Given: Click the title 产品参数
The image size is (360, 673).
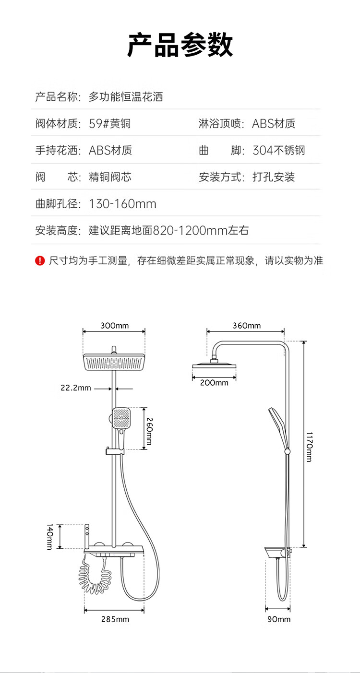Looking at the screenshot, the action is point(180,45).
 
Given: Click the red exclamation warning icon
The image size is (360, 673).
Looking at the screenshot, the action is point(40,260).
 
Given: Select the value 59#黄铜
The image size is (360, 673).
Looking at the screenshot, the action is point(110,123).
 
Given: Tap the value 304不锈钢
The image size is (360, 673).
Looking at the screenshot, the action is point(278,150).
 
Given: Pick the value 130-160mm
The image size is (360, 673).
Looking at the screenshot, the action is point(123,204).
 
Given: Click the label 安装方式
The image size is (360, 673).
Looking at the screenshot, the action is point(220,177).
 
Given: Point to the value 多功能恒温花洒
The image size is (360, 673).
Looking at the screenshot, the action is point(126,97).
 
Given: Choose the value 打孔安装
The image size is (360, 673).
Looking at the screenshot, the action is point(274,177).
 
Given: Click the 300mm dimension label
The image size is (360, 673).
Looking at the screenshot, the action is point(114,325).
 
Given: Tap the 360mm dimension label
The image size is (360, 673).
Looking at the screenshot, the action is point(247,325).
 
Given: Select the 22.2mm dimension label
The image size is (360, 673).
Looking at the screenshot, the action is point(76,388).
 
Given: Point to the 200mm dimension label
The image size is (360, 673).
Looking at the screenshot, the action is point(214,383).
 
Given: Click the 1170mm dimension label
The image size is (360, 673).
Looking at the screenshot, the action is point(309,447).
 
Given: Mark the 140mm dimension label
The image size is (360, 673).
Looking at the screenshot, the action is point(49,537).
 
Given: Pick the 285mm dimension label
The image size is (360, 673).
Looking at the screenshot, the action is point(115,619).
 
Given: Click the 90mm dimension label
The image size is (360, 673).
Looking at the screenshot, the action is point(279,619).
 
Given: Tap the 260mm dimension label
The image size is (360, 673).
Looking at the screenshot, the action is point(149,431).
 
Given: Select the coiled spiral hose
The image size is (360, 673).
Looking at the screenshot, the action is point(95,575).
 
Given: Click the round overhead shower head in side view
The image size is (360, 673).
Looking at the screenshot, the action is point(214,366).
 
